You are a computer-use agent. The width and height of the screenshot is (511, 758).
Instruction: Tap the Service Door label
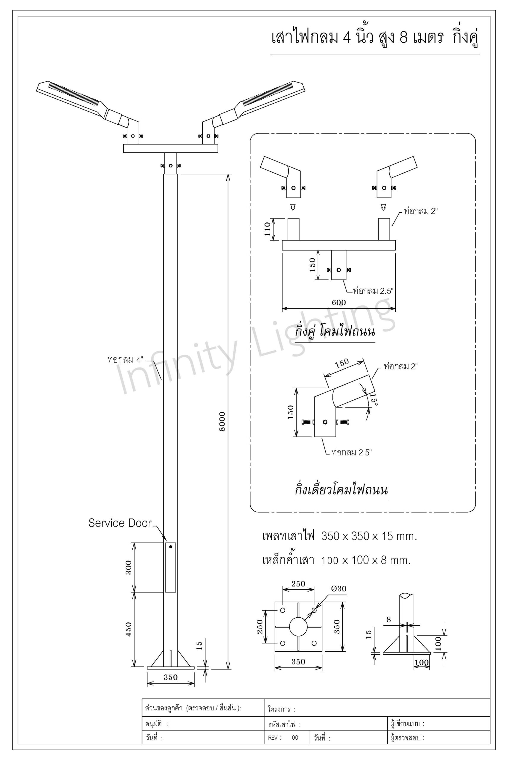click(x=120, y=523)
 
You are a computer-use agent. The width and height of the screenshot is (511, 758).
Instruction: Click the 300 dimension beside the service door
click(x=129, y=567)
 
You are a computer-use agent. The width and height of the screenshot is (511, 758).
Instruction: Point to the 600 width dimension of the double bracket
click(x=339, y=302)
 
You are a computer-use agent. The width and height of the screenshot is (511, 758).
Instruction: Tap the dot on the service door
click(x=170, y=547)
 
